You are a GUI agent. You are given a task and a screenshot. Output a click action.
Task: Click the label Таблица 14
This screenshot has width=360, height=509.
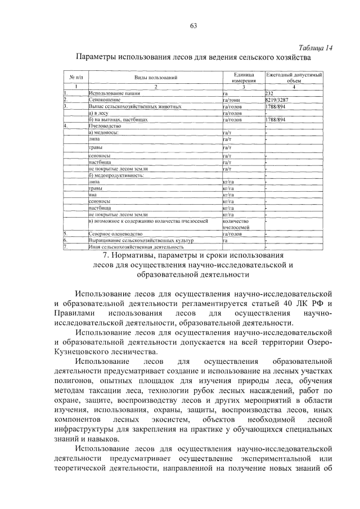click(x=316, y=48)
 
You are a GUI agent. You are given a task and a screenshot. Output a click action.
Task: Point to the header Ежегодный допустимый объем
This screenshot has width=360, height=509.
click(x=294, y=77)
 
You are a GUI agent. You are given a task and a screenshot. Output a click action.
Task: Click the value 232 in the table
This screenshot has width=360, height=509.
click(x=269, y=93)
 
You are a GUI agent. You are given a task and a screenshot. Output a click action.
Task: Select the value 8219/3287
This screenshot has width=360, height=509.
click(x=277, y=100)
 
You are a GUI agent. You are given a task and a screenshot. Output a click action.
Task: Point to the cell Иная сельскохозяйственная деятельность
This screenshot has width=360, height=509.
click(x=136, y=246)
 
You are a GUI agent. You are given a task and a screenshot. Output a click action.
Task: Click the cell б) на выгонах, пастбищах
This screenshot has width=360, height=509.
click(x=118, y=119)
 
